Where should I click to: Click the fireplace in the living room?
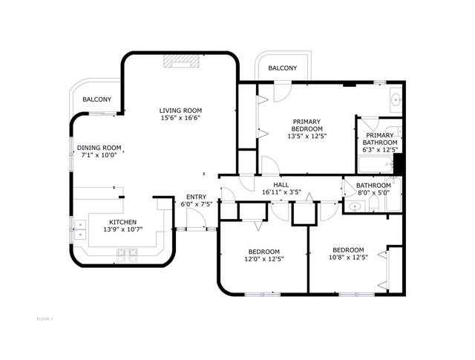(181, 61)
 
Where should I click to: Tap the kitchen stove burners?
(127, 255)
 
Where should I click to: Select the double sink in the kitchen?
(80, 229)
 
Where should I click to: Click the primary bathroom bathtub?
(376, 165)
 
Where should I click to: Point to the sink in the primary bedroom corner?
(396, 99)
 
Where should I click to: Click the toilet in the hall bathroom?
(374, 204)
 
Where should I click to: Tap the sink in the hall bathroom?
(355, 207)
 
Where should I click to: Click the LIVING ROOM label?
(180, 111)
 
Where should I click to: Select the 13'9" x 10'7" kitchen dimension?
(122, 229)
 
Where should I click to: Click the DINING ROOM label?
(99, 148)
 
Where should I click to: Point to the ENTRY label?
(196, 197)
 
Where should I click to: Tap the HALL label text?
(281, 185)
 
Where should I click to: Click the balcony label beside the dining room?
(97, 99)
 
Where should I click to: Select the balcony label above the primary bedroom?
(283, 68)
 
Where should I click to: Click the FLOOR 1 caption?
(45, 318)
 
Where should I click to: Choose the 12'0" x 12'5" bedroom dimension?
(264, 259)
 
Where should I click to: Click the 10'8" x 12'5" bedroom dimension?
(348, 258)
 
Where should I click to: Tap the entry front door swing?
(196, 218)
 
